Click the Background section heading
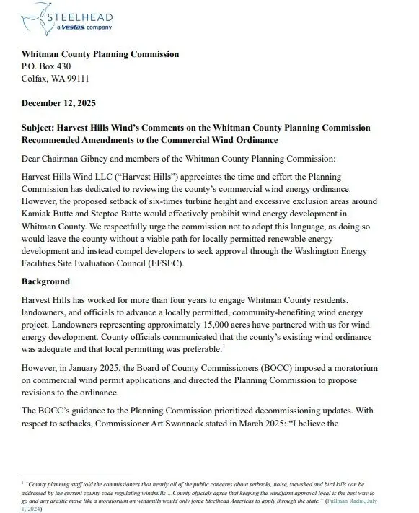pyautogui.click(x=45, y=281)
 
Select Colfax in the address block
pyautogui.click(x=35, y=78)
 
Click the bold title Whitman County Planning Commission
pyautogui.click(x=100, y=53)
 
